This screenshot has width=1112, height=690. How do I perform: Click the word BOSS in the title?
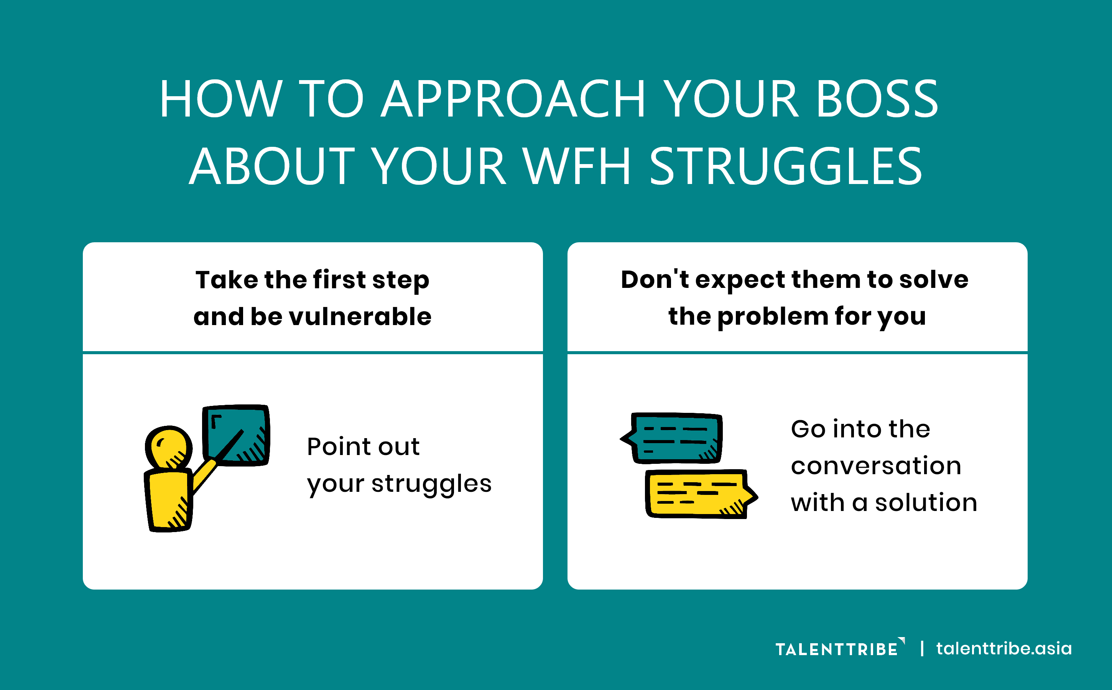(x=877, y=99)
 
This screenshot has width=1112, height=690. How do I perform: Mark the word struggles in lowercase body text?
(x=431, y=485)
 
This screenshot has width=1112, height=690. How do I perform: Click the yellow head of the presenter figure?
(x=168, y=448)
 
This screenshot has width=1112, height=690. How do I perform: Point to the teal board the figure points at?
(x=236, y=435)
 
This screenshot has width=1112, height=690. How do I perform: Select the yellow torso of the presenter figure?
(x=168, y=500)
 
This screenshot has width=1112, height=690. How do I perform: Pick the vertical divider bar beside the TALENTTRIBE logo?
(x=922, y=649)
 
